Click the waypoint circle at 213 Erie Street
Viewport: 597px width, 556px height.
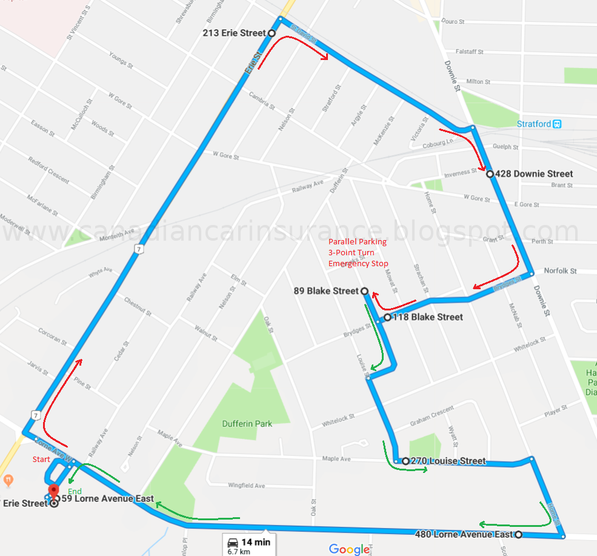point(271,33)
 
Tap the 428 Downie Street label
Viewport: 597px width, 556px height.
point(533,174)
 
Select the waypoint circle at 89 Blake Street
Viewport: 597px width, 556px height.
point(364,292)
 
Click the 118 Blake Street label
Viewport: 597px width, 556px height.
point(428,317)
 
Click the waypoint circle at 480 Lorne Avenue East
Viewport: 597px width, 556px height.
point(518,535)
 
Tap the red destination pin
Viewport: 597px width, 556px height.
point(54,492)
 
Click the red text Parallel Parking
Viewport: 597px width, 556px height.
point(357,242)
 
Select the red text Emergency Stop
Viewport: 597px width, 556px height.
point(358,264)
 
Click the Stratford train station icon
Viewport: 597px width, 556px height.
point(557,124)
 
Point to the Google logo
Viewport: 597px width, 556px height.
point(349,549)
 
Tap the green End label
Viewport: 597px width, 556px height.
point(75,491)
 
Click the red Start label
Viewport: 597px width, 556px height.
point(41,460)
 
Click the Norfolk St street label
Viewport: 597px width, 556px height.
point(560,271)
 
